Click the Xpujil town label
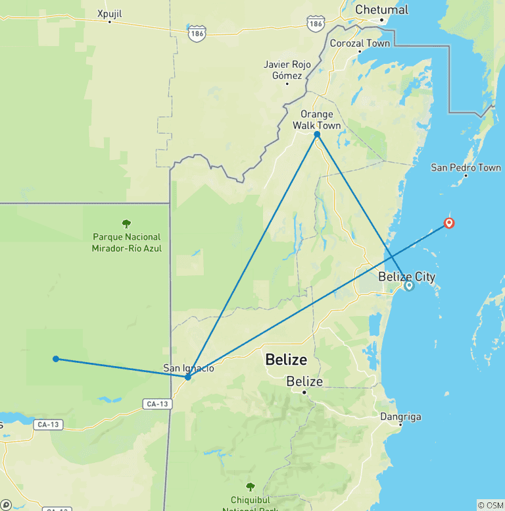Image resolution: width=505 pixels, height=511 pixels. (110, 13)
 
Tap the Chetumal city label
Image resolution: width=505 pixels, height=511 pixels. (381, 9)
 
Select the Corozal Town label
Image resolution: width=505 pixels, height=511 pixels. (360, 43)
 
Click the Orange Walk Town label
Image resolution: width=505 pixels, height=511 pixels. (317, 120)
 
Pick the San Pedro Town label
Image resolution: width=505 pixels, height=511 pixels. (466, 167)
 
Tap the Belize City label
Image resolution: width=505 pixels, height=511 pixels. (406, 277)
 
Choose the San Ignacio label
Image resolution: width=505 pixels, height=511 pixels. (189, 368)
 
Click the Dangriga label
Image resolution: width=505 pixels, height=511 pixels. (400, 416)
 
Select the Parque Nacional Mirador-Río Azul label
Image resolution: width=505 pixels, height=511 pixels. (127, 242)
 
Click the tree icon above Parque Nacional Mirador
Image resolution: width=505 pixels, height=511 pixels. (127, 224)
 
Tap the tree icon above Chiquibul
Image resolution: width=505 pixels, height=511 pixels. (250, 487)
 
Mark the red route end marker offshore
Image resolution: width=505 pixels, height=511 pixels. (449, 223)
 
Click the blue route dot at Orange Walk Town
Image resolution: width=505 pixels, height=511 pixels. (317, 134)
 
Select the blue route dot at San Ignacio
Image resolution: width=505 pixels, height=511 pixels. (188, 377)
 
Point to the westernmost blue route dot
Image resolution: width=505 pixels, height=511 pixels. (56, 359)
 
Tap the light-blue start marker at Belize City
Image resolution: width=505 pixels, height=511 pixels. (409, 286)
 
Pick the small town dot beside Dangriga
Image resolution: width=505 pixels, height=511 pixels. (400, 425)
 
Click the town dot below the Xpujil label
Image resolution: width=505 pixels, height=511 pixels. (110, 22)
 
